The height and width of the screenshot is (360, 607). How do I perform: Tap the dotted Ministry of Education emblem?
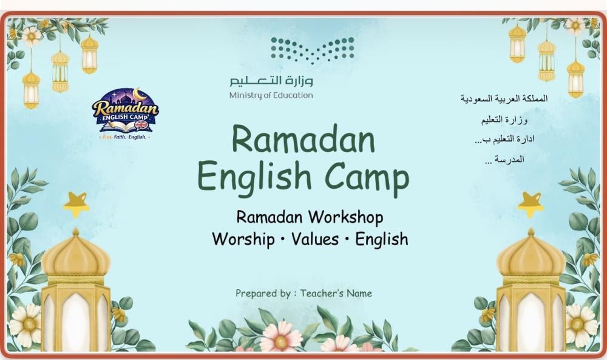pos(313,50)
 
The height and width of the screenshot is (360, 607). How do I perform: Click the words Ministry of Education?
pos(271,95)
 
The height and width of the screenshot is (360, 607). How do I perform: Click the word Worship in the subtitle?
pos(243,239)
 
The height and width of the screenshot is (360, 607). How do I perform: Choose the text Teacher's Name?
pos(336,293)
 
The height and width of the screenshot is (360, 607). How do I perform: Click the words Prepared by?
pos(263,293)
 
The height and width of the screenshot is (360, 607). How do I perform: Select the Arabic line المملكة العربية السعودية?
pos(504,99)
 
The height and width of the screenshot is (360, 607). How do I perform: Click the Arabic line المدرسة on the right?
pos(504,160)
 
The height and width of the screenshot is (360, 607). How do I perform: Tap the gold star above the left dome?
pos(76,205)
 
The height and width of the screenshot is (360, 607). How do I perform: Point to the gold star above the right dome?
pos(531,205)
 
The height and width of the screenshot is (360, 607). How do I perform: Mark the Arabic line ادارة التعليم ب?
pos(504,139)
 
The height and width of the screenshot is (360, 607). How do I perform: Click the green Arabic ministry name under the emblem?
pos(271,81)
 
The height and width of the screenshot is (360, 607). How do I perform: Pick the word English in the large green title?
pos(254,176)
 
